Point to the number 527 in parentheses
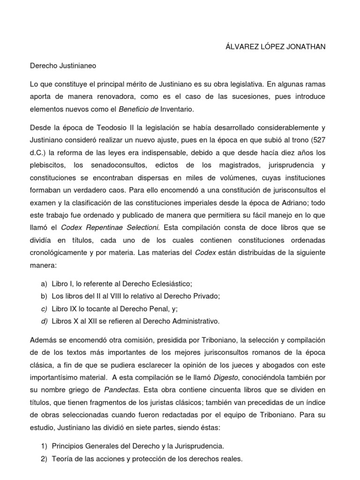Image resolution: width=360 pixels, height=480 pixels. click(326, 140)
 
